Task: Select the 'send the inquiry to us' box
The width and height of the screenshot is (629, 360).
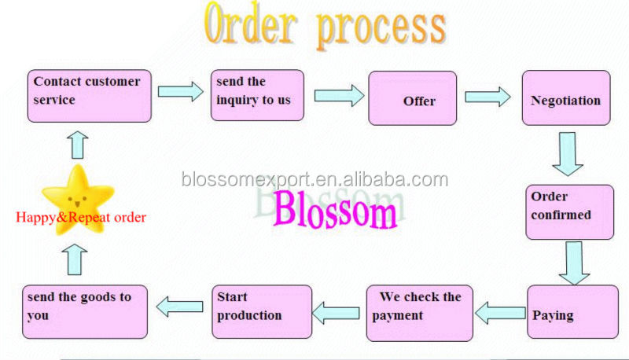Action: [x=256, y=95]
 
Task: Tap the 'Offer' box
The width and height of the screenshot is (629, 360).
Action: [x=412, y=98]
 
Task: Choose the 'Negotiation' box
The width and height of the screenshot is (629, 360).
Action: [x=565, y=98]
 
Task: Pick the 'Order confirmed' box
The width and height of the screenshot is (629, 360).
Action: [x=569, y=211]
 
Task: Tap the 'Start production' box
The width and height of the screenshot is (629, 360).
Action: [x=262, y=311]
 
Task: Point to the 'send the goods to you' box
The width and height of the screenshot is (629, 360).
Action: [x=84, y=311]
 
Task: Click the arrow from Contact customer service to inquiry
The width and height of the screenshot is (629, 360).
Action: [x=180, y=91]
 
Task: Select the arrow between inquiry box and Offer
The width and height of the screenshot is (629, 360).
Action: [x=338, y=95]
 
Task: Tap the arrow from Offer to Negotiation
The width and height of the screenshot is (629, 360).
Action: [x=486, y=97]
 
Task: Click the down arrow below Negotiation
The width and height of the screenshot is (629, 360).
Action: [x=567, y=152]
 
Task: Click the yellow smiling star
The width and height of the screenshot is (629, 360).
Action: [x=76, y=192]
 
